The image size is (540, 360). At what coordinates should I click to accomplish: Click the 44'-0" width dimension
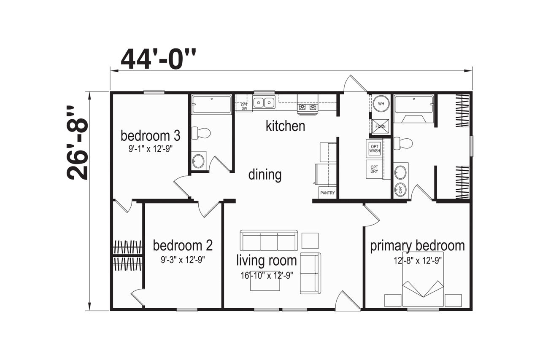click(x=158, y=59)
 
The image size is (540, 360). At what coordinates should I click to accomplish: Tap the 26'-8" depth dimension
click(x=77, y=142)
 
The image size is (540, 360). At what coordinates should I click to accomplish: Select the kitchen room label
click(x=286, y=126)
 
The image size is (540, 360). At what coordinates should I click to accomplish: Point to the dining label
click(x=265, y=175)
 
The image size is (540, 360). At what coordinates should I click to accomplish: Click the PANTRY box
click(x=327, y=193)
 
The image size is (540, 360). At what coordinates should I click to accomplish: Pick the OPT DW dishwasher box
click(x=244, y=107)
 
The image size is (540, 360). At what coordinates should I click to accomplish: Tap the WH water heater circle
click(x=381, y=104)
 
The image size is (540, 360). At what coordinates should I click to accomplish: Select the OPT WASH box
click(x=374, y=148)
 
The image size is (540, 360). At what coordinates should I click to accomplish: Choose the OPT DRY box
click(x=374, y=169)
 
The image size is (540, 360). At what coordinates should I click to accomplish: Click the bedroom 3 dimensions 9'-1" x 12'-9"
click(x=151, y=149)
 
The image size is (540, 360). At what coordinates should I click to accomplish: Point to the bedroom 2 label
click(x=183, y=245)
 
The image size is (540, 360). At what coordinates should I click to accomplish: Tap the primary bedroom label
click(x=417, y=246)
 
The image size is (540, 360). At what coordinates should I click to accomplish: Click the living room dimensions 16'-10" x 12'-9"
click(x=267, y=275)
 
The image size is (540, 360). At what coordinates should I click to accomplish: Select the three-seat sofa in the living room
click(x=269, y=240)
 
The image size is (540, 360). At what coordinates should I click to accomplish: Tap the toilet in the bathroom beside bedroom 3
click(x=201, y=133)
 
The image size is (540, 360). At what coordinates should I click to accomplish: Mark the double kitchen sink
click(x=264, y=102)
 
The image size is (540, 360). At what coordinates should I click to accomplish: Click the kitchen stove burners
click(x=308, y=107)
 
